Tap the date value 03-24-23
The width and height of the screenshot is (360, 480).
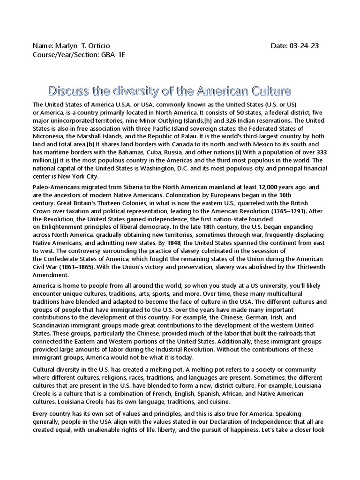pyautogui.click(x=305, y=46)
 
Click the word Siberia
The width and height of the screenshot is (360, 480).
pyautogui.click(x=117, y=187)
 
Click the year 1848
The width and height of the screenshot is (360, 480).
pyautogui.click(x=173, y=243)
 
